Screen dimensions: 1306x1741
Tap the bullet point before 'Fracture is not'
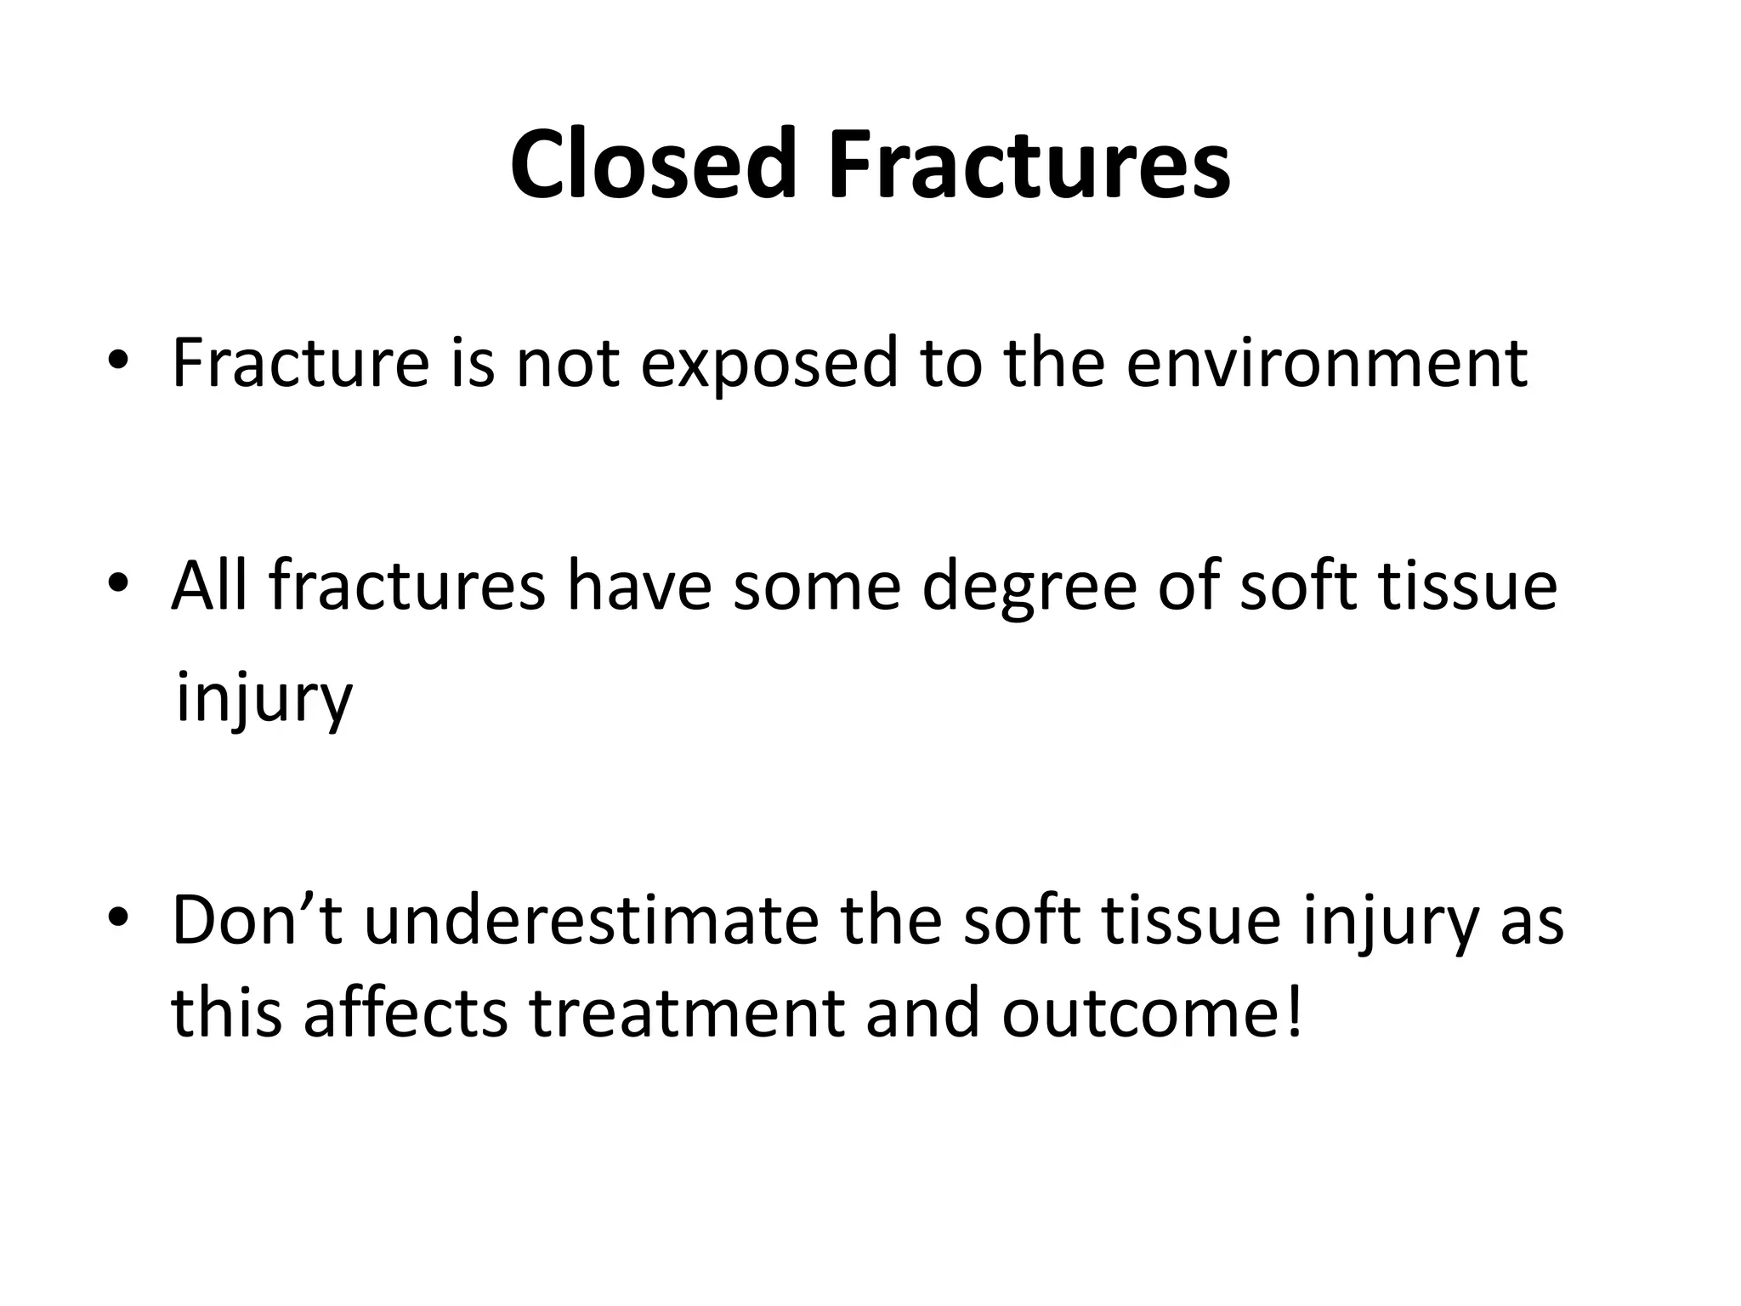[118, 361]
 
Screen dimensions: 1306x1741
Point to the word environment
[1327, 362]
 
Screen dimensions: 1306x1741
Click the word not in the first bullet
[567, 362]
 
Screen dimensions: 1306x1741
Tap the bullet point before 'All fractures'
[118, 583]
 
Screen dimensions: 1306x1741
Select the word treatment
[687, 1014]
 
